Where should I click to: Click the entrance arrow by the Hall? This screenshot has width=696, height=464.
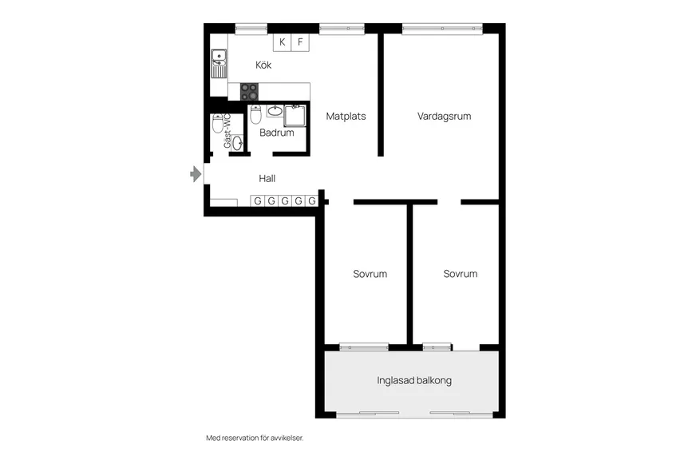pyautogui.click(x=196, y=174)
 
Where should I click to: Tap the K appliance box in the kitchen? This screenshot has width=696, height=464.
pyautogui.click(x=282, y=42)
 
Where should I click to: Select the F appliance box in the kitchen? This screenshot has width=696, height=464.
pyautogui.click(x=300, y=42)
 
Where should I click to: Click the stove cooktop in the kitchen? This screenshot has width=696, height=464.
pyautogui.click(x=250, y=92)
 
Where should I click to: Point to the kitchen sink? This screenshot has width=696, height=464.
pyautogui.click(x=219, y=64)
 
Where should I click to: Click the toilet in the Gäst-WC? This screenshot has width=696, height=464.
pyautogui.click(x=217, y=124)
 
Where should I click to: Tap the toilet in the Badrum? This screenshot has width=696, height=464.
pyautogui.click(x=255, y=114)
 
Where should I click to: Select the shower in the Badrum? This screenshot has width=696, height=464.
pyautogui.click(x=295, y=116)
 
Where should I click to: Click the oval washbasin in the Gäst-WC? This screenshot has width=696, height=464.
pyautogui.click(x=238, y=142)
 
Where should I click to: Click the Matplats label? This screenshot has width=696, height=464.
pyautogui.click(x=346, y=117)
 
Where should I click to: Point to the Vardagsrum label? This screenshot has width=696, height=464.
pyautogui.click(x=444, y=117)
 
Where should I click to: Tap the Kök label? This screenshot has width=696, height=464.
pyautogui.click(x=263, y=65)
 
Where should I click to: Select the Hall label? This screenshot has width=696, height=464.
pyautogui.click(x=267, y=179)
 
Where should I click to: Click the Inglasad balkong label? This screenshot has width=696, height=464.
pyautogui.click(x=414, y=380)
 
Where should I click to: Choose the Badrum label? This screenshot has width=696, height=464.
pyautogui.click(x=276, y=133)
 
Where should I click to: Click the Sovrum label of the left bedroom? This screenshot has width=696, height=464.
pyautogui.click(x=370, y=274)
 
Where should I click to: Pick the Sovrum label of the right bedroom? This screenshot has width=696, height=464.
pyautogui.click(x=461, y=274)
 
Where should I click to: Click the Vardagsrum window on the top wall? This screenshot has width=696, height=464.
pyautogui.click(x=442, y=29)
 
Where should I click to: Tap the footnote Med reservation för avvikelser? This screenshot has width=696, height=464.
pyautogui.click(x=255, y=438)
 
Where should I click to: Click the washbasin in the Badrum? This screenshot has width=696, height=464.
pyautogui.click(x=275, y=110)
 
